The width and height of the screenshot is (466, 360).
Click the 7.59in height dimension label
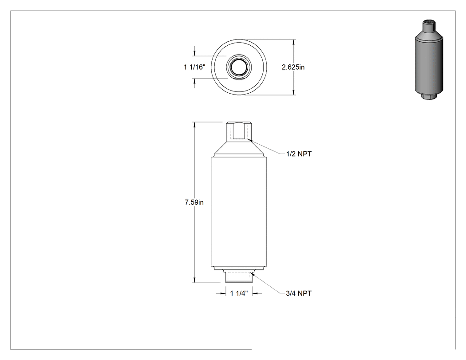pos(194,202)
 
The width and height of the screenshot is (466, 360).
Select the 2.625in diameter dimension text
pos(293,67)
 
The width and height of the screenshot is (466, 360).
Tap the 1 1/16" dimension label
pos(194,67)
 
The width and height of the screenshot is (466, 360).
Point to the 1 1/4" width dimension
pos(239,293)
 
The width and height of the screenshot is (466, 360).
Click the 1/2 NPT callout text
pos(299,154)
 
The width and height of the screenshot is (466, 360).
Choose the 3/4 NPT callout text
pos(299,293)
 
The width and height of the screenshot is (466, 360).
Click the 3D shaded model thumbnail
pos(429,60)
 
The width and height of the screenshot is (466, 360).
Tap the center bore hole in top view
pos(239,67)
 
